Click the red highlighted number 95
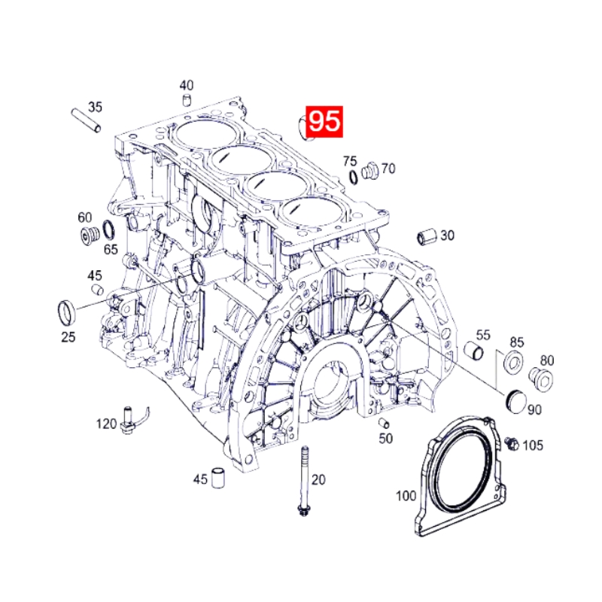click(324, 122)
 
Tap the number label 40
click(186, 85)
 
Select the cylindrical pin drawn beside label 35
click(86, 120)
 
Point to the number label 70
click(388, 169)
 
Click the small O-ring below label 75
click(353, 177)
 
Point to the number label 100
click(406, 496)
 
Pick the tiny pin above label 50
click(383, 421)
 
